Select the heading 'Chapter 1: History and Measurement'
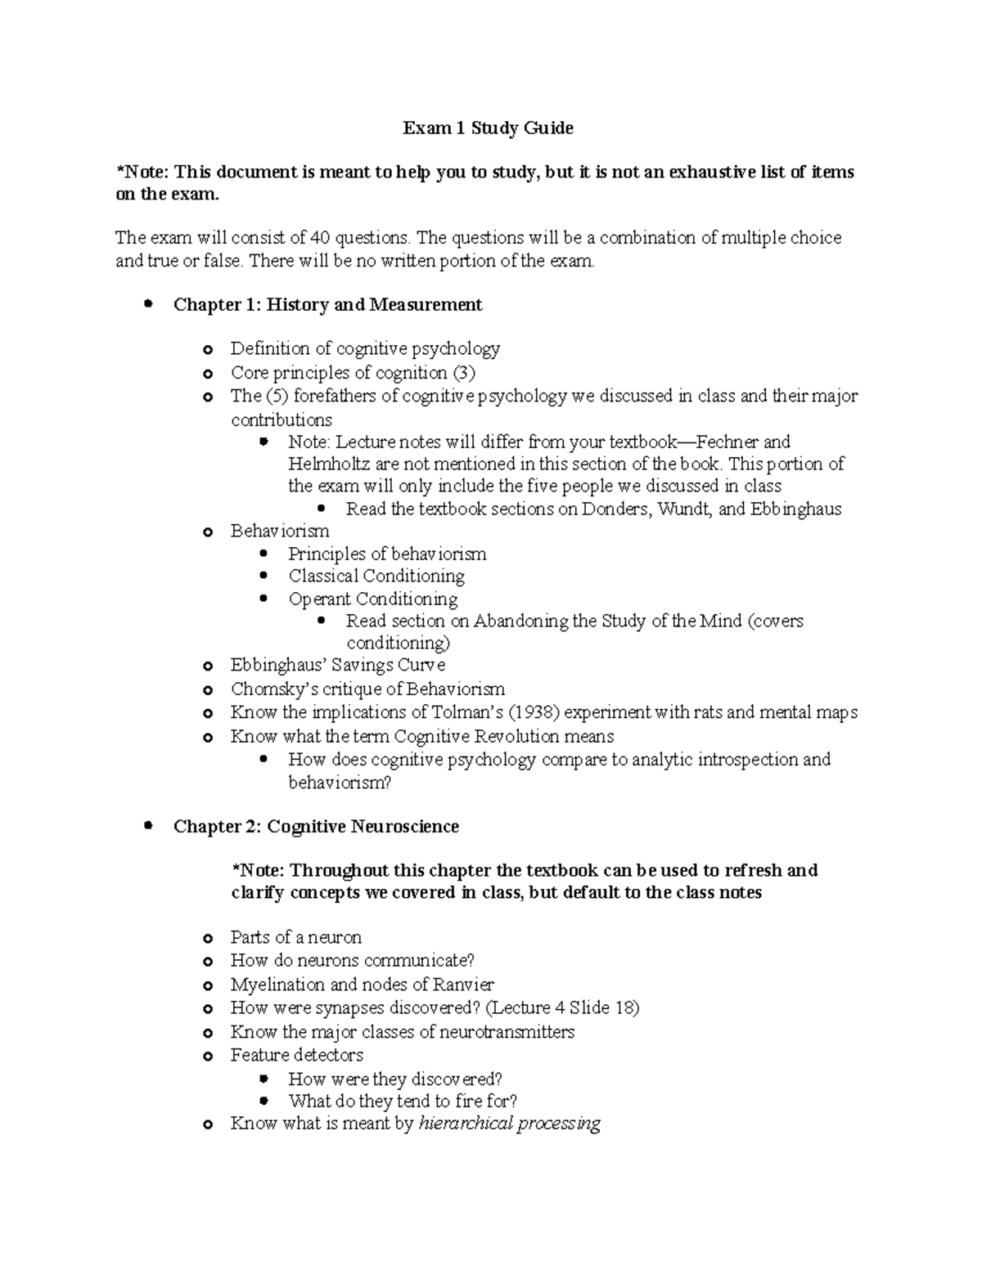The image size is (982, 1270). point(327,305)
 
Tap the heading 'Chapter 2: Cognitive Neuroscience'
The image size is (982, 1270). point(316,827)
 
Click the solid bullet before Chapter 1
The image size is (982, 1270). point(148,304)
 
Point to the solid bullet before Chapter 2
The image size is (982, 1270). point(148,826)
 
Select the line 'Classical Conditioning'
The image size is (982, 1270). point(376,576)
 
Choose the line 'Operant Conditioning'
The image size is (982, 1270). point(372,599)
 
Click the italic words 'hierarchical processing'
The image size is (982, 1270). point(509,1124)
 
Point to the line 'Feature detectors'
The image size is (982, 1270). point(296,1055)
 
